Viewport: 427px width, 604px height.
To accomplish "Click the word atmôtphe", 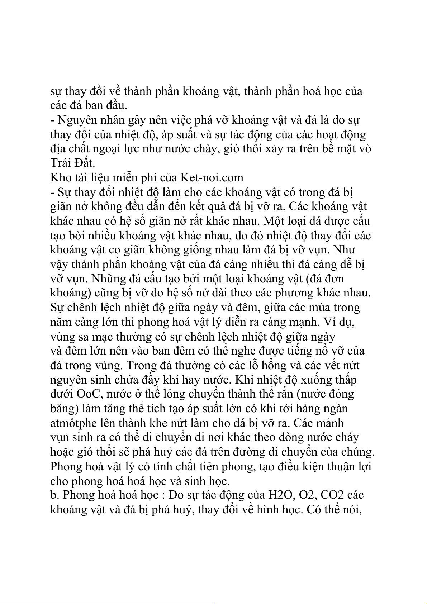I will [73, 423].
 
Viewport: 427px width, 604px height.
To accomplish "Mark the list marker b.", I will [54, 495].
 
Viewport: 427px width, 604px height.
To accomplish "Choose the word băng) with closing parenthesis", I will [64, 409].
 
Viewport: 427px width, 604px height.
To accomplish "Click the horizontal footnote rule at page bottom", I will [108, 594].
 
